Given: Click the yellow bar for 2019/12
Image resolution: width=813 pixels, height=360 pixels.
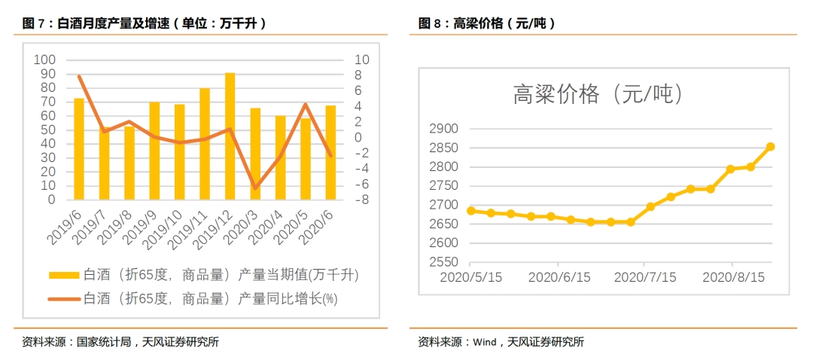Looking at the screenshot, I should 230,136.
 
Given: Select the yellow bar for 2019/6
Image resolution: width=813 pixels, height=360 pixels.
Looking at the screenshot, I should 79,149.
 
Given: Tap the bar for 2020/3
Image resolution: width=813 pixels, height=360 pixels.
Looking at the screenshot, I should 255,154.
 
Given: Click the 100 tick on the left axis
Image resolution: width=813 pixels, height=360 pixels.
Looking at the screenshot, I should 45,60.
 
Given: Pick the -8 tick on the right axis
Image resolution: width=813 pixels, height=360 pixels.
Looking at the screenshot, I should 361,200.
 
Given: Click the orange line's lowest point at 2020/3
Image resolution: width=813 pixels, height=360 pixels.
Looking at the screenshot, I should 255,187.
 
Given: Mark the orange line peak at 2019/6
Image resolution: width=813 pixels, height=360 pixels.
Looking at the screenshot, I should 79,76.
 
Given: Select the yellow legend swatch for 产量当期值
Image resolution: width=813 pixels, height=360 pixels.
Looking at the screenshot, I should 63,276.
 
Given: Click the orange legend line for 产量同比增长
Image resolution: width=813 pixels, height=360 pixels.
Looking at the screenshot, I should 63,299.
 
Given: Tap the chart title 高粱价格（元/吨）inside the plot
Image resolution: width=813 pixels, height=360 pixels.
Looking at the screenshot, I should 598,95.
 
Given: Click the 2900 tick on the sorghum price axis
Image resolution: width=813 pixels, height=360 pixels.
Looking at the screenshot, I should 443,129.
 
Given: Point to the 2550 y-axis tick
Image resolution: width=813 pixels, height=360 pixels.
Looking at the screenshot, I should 443,262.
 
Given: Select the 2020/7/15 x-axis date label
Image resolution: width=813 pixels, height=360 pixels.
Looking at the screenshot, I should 646,276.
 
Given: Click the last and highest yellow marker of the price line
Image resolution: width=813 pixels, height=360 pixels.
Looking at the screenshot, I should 771,147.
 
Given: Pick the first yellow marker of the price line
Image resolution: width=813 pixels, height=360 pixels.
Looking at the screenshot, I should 471,211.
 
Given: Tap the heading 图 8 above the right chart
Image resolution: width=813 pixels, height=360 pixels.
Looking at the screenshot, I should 431,24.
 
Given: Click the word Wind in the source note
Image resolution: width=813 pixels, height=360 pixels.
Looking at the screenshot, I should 484,343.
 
